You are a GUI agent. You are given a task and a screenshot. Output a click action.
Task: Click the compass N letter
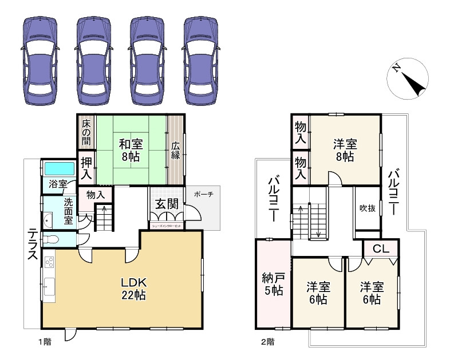coord(396,68)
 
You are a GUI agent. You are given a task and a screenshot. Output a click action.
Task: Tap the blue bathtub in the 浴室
coord(58,169)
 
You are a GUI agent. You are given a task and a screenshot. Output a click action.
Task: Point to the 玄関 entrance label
coord(167,203)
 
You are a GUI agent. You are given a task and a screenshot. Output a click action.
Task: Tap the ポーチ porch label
coord(203,194)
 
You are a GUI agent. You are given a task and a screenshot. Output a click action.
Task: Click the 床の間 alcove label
coord(86,132)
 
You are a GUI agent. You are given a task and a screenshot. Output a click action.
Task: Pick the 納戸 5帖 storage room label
coord(273,284)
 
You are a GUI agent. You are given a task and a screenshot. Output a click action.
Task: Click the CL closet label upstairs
coord(381,249)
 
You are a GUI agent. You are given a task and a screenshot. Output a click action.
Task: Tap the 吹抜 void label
coord(367,208)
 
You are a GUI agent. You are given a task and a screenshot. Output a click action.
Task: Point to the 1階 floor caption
coord(45,342)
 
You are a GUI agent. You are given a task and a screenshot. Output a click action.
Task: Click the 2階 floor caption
coord(267,342)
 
